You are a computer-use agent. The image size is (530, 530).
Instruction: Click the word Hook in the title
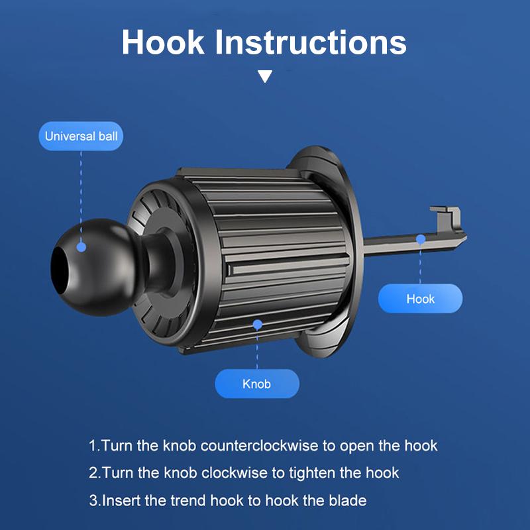(163, 42)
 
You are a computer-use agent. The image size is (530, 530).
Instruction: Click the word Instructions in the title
(311, 42)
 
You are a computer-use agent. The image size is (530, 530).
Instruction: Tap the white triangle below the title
(265, 76)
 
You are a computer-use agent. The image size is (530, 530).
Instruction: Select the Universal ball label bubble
(81, 136)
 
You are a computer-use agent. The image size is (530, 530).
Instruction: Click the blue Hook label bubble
(420, 299)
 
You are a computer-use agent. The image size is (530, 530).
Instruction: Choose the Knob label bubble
(257, 384)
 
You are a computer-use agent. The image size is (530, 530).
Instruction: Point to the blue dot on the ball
(81, 247)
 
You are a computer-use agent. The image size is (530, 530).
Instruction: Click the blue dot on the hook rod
(421, 239)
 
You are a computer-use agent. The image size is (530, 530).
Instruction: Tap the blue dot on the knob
(257, 325)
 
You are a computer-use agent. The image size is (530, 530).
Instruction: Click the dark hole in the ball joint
(60, 270)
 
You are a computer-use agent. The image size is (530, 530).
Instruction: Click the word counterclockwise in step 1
(259, 445)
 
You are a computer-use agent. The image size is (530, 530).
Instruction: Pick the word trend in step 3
(187, 500)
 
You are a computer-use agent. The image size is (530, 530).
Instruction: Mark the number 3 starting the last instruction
(93, 500)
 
